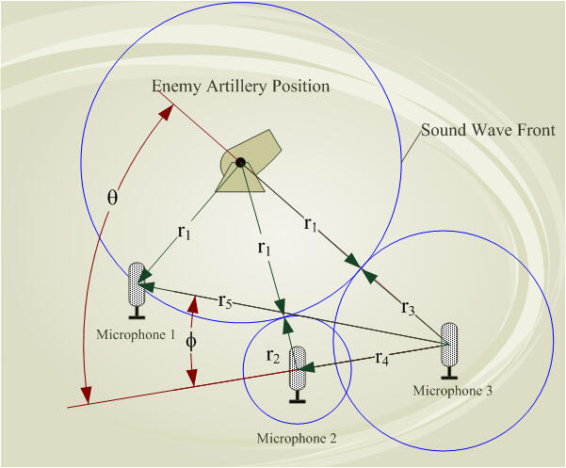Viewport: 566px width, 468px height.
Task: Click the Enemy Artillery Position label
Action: click(241, 87)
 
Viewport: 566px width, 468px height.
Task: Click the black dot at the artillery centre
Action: click(241, 163)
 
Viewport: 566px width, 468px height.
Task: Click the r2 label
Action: click(272, 355)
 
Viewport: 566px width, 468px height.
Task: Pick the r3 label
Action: click(408, 307)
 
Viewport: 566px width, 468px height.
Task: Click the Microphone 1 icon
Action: click(137, 285)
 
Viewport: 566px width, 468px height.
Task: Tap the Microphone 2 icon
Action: click(299, 374)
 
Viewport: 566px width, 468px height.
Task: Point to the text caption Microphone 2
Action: click(296, 438)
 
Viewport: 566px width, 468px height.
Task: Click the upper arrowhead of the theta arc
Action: click(168, 112)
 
